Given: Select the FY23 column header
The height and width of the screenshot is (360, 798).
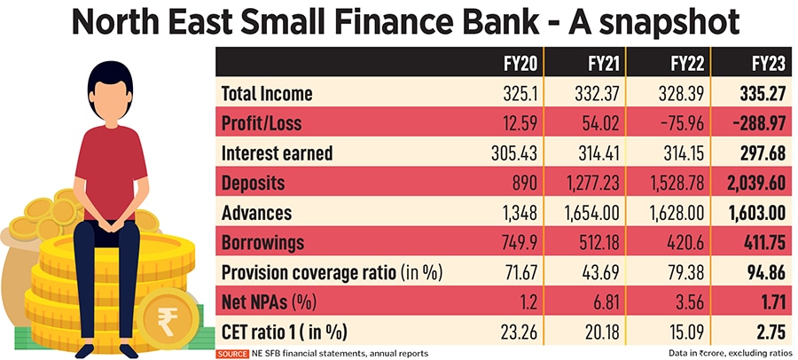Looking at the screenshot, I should [764, 64].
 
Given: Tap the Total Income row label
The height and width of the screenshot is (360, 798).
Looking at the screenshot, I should [266, 93].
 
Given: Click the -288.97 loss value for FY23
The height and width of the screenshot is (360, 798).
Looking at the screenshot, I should [753, 123].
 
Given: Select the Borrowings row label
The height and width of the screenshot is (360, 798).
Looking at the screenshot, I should [262, 243].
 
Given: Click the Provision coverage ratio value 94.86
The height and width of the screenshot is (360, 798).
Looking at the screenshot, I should [763, 273].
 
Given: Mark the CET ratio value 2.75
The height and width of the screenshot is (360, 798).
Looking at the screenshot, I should [768, 333].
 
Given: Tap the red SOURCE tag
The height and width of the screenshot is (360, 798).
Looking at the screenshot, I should [233, 353].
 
